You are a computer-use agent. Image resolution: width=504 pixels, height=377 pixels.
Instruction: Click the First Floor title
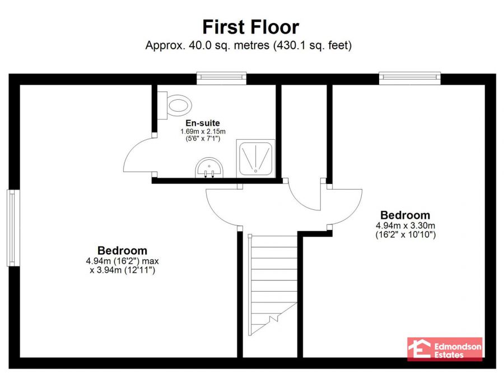250,27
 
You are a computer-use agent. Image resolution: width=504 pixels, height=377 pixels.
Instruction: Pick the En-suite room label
203,123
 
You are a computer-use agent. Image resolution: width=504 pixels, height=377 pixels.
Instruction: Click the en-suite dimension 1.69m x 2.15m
203,131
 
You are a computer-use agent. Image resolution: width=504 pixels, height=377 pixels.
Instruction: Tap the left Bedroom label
122,251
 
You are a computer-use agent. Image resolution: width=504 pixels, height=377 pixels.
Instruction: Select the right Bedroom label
405,215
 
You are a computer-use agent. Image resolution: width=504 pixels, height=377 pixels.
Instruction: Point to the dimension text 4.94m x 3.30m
405,226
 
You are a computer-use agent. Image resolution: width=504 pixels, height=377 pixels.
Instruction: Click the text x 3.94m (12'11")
122,270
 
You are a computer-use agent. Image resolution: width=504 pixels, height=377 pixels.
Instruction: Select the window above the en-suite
221,78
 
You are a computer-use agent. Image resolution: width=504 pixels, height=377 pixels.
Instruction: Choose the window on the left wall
11,227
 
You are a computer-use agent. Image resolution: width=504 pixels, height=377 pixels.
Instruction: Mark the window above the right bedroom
409,78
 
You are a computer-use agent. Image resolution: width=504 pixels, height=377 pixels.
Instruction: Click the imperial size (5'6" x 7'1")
203,139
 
